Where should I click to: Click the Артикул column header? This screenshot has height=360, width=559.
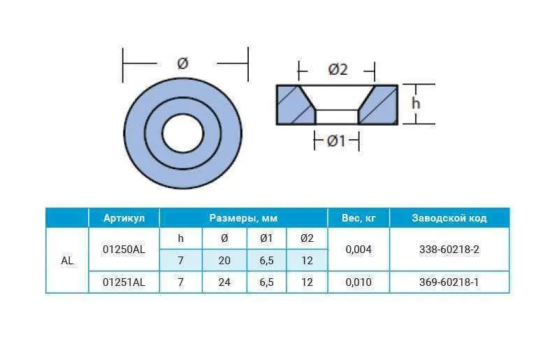(124, 218)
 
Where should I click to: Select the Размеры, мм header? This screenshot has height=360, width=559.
(243, 218)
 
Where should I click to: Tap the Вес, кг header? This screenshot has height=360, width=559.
(358, 218)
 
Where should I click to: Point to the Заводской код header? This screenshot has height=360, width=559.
(449, 218)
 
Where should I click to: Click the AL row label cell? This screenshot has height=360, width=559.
(67, 261)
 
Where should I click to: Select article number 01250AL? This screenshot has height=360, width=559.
(124, 250)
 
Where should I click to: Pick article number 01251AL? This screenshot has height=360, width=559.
(124, 282)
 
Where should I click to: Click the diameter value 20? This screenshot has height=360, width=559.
(224, 261)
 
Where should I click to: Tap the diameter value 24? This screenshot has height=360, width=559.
(224, 282)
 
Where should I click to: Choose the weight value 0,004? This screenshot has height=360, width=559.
(358, 250)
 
